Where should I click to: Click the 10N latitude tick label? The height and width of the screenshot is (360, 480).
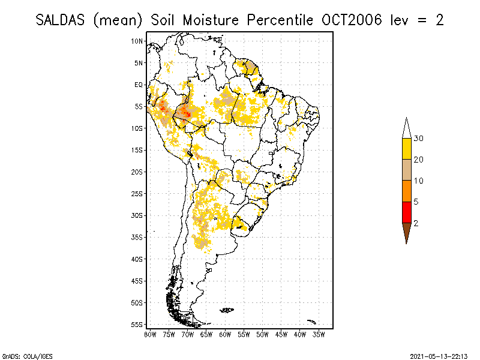[137, 41]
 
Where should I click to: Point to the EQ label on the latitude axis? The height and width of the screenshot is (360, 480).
[139, 85]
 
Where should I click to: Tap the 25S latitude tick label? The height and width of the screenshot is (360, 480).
[137, 193]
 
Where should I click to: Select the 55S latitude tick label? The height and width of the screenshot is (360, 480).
[137, 324]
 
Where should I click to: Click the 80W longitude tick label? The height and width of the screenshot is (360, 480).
[150, 334]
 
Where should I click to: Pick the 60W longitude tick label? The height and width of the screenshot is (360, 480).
[225, 334]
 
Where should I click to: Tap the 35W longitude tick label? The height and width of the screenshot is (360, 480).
[319, 334]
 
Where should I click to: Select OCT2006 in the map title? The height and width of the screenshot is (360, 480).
[346, 20]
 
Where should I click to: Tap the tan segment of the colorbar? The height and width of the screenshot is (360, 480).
[406, 170]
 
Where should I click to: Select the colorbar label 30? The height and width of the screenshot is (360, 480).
[419, 139]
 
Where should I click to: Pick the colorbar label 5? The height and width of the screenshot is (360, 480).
[416, 202]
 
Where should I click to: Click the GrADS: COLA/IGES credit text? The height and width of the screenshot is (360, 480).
[20, 355]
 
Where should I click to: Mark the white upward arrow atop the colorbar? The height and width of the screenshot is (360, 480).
[406, 129]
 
